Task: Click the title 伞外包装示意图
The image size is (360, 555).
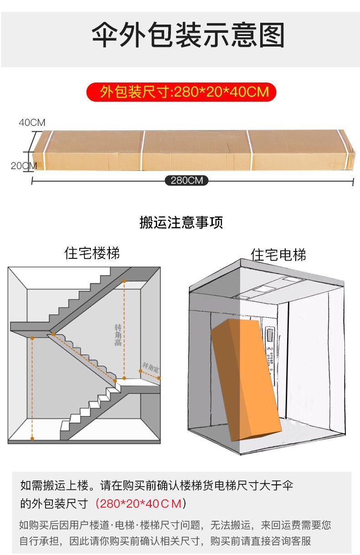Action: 188,36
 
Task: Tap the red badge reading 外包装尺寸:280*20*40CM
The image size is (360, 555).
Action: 182,92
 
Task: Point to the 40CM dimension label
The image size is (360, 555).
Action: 32,123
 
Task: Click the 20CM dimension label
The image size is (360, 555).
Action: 23,166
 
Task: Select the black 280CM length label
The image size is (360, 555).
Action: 186,180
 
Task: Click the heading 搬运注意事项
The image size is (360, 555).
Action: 181,223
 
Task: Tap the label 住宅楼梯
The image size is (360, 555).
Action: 93,253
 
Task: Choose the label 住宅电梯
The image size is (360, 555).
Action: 278,254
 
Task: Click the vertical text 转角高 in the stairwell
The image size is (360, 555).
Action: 118,335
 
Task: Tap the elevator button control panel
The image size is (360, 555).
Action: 270,355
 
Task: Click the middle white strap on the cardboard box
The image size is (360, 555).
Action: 143,150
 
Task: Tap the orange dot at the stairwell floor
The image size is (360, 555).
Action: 32,438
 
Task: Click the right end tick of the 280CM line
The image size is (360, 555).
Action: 353,181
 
